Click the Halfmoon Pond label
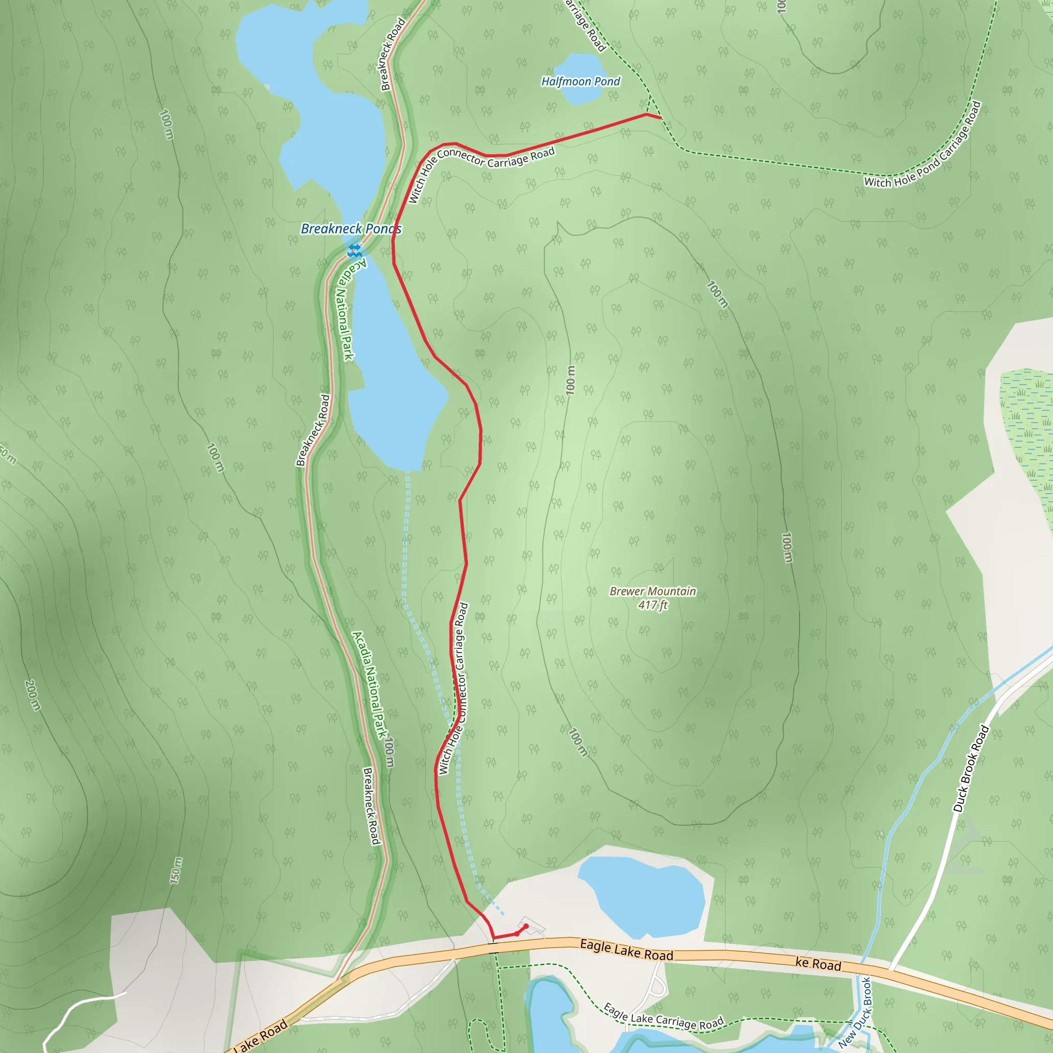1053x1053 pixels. [580, 82]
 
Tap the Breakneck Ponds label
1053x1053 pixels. [351, 229]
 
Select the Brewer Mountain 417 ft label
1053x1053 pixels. [652, 598]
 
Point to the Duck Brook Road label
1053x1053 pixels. [971, 769]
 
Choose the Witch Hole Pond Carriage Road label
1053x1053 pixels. [922, 145]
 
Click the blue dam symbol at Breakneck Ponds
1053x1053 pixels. [355, 251]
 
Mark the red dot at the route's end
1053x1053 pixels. [526, 926]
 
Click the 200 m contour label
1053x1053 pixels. [33, 695]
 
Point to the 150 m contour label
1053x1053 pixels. [175, 870]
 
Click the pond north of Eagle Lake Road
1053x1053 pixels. [643, 894]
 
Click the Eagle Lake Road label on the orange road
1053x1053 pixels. [626, 950]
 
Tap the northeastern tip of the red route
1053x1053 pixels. [660, 118]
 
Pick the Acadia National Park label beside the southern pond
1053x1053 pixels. [345, 310]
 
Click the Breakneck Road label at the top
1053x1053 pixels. [392, 55]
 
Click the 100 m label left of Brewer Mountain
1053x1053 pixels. [570, 380]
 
